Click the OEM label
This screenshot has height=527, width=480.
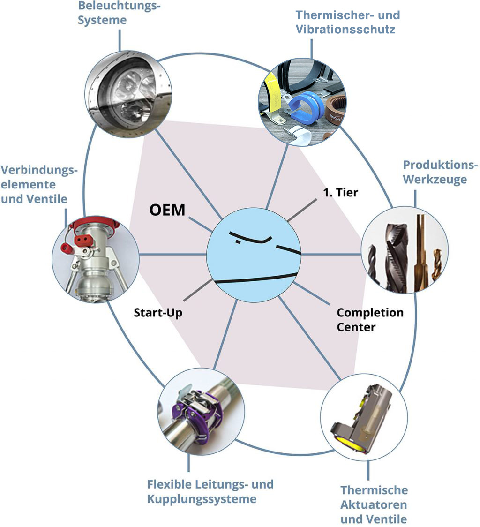point(167,209)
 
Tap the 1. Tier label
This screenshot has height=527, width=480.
point(340,192)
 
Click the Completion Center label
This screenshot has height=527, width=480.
point(370,319)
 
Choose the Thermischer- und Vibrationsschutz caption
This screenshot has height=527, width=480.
point(347,22)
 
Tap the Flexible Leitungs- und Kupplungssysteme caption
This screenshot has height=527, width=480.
point(210,491)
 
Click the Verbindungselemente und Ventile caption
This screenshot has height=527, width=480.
point(38,184)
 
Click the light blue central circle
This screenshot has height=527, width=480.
point(254,253)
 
